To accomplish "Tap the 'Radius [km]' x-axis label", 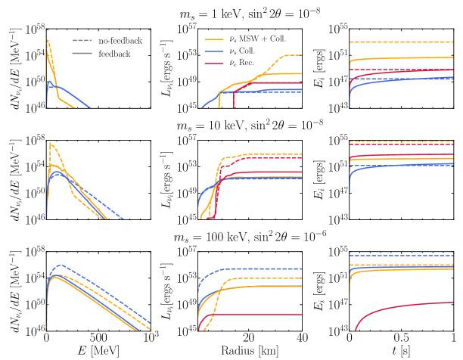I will (x=250, y=351).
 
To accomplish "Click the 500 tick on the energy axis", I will (x=99, y=338).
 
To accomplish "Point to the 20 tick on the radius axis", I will (x=250, y=338).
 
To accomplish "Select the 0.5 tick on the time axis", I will (x=401, y=338).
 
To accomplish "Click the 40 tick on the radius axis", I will (x=302, y=338).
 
